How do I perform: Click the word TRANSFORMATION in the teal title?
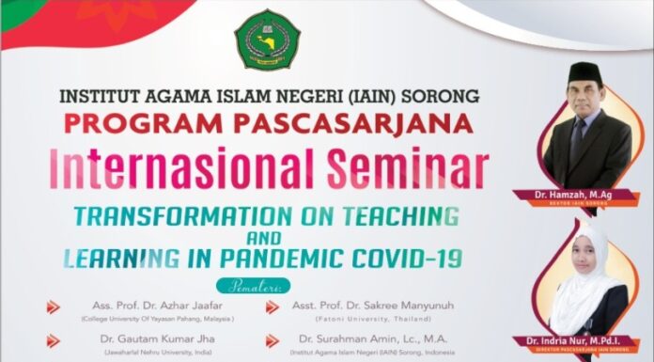(161, 215)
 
